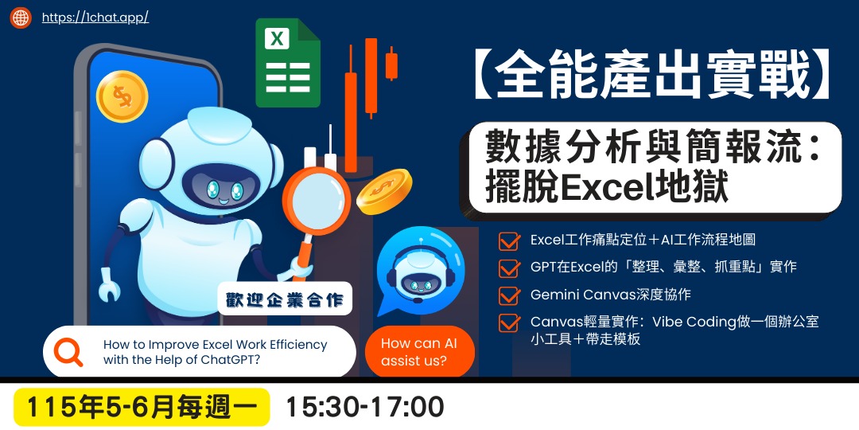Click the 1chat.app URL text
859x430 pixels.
click(x=95, y=17)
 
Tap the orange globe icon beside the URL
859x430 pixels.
click(x=21, y=17)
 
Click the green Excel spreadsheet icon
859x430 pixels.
click(x=287, y=64)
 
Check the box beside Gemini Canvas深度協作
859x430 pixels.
click(x=508, y=295)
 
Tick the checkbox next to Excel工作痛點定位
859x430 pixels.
click(x=508, y=240)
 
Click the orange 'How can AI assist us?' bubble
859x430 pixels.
click(x=419, y=352)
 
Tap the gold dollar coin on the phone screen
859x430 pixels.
click(x=122, y=96)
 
